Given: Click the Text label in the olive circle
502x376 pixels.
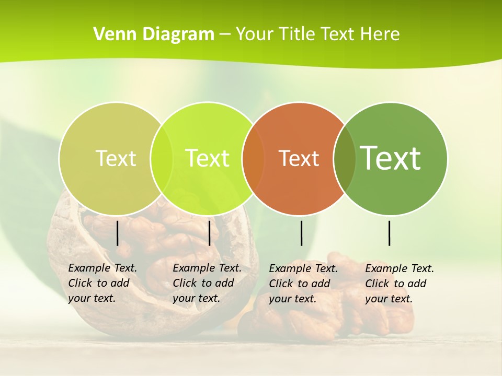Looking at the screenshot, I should [116, 158].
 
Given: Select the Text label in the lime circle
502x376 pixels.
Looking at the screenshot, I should [207, 158].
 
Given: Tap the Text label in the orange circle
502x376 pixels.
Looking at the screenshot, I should [299, 159].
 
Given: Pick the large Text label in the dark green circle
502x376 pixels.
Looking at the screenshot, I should [391, 158].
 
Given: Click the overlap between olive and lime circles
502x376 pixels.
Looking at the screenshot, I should [162, 158].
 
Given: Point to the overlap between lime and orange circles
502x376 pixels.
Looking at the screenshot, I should [254, 159].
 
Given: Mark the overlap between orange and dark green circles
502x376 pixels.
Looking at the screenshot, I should [345, 159].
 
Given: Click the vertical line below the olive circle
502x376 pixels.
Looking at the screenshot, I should [117, 233].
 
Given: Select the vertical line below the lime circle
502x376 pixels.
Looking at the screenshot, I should [209, 233].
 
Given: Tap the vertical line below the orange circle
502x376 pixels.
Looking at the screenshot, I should [302, 233].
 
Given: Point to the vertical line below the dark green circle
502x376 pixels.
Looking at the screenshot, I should [390, 233].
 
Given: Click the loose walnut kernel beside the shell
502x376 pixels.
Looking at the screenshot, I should [324, 313].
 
